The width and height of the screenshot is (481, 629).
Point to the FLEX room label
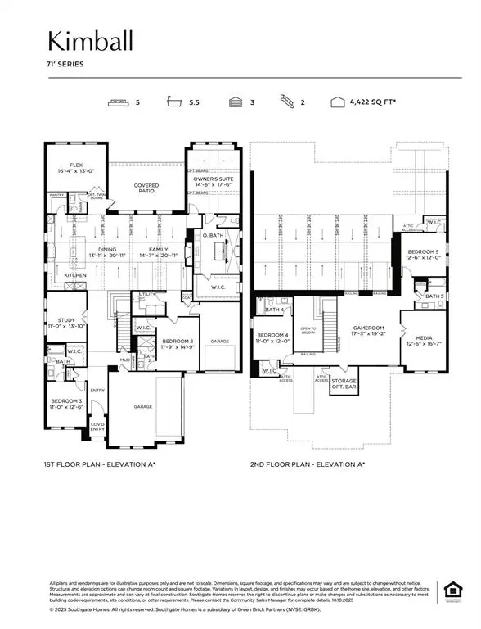(x=76, y=165)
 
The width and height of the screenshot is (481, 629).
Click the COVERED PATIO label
(x=146, y=188)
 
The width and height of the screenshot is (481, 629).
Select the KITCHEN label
(x=75, y=275)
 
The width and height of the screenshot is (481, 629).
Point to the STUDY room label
(x=65, y=321)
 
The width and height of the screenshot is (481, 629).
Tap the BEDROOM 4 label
(x=272, y=337)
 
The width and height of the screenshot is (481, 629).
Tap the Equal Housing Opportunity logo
(x=449, y=589)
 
